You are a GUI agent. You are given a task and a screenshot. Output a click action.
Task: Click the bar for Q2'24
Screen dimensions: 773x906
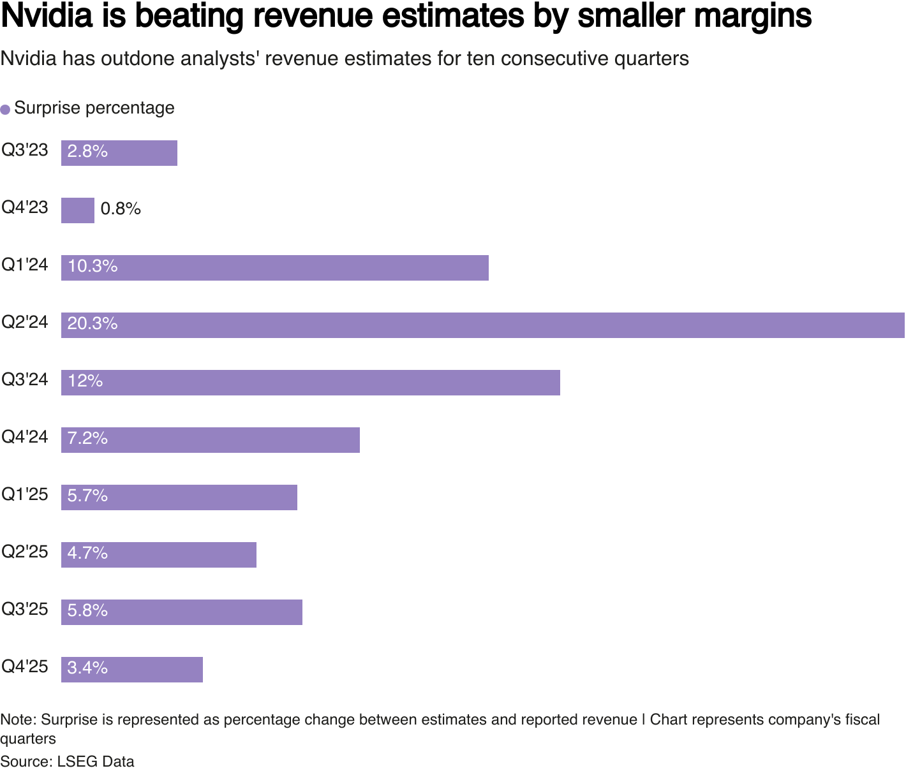tap(482, 325)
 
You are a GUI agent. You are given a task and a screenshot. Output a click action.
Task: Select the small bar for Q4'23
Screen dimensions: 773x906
tap(78, 210)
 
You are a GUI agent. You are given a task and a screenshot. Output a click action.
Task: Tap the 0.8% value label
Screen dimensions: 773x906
tap(121, 209)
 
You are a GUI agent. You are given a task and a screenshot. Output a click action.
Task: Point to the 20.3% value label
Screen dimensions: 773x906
tap(93, 324)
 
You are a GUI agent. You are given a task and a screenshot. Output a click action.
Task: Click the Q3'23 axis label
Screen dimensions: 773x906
tap(25, 151)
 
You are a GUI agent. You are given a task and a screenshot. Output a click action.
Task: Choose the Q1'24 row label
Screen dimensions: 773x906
tap(25, 265)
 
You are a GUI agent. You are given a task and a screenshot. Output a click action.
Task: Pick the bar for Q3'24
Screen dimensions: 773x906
tap(310, 383)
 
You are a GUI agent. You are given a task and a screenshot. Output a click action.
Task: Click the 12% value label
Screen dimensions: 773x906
tap(85, 381)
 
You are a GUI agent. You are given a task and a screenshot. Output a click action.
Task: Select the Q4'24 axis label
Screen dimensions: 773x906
tap(25, 437)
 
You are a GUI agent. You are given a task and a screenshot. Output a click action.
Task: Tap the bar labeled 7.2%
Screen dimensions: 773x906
tap(211, 440)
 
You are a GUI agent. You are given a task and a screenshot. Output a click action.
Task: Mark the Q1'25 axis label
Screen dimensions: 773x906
tap(25, 494)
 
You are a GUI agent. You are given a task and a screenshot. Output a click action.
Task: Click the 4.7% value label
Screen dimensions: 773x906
tap(87, 553)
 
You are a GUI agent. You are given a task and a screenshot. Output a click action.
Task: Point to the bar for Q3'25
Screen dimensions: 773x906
tap(182, 612)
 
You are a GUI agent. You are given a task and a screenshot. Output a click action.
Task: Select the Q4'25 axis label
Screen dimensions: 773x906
tap(25, 666)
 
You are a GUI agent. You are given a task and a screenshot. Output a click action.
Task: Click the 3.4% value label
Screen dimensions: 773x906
tap(87, 668)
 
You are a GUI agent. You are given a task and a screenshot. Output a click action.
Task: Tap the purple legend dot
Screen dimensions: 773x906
tap(5, 109)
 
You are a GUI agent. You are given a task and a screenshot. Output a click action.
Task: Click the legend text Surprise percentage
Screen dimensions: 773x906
tap(94, 108)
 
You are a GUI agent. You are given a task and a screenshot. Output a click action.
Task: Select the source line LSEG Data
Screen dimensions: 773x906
tap(96, 762)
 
